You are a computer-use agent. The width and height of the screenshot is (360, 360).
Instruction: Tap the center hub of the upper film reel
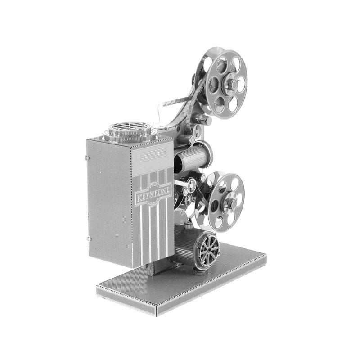click(230, 84)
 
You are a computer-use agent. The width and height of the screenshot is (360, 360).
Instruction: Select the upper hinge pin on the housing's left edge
click(86, 157)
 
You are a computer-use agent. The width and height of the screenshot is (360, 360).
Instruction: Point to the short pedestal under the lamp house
click(153, 269)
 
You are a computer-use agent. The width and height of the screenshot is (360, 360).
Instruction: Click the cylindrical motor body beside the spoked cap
click(185, 245)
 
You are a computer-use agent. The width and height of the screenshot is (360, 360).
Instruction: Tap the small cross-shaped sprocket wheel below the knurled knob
click(197, 131)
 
